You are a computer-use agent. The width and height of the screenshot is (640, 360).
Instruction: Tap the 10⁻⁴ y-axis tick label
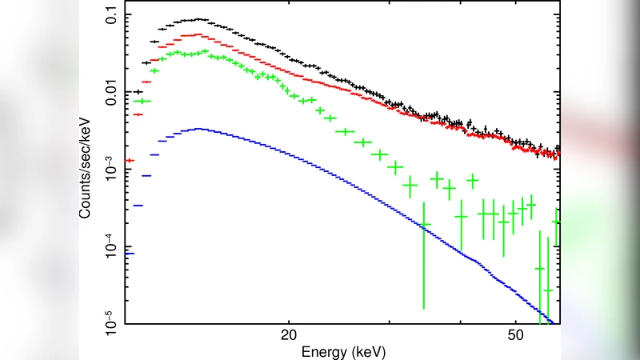(106, 246)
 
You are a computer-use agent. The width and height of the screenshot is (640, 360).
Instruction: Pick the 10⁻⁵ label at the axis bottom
(106, 323)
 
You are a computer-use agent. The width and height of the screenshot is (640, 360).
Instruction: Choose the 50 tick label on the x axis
(516, 337)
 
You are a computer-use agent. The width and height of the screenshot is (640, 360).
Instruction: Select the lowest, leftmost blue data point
(130, 254)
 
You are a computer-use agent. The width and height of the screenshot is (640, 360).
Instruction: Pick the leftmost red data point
(130, 160)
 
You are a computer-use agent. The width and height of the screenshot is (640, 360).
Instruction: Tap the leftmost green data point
(142, 101)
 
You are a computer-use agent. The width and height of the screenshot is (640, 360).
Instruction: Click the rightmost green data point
(557, 222)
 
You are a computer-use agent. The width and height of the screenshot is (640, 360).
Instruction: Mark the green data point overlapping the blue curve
(424, 225)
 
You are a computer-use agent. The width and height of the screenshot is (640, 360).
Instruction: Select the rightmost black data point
(558, 149)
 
